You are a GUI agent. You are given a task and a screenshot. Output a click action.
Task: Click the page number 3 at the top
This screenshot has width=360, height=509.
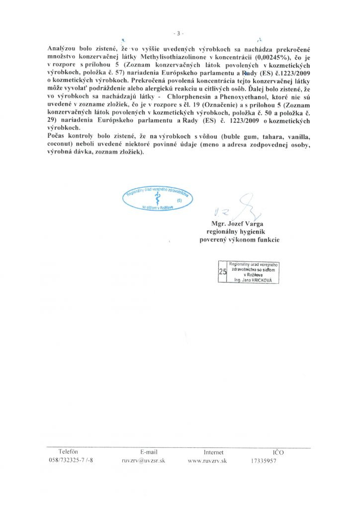(x=180, y=33)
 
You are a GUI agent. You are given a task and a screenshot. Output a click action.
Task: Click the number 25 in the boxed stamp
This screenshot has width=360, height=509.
(x=222, y=271)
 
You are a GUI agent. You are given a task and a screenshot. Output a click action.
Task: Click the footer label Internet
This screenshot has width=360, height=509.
(x=213, y=452)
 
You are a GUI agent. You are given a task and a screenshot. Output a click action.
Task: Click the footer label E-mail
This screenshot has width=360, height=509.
(x=149, y=452)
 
